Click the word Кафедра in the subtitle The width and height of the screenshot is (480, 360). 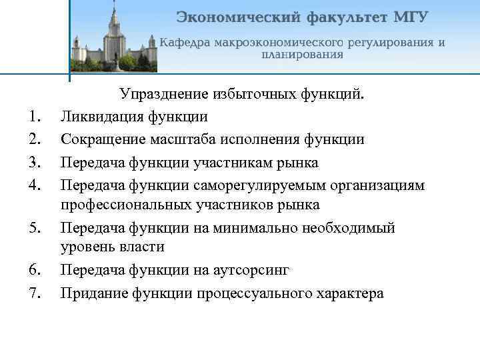[x=187, y=43]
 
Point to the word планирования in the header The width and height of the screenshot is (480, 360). [x=302, y=55]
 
